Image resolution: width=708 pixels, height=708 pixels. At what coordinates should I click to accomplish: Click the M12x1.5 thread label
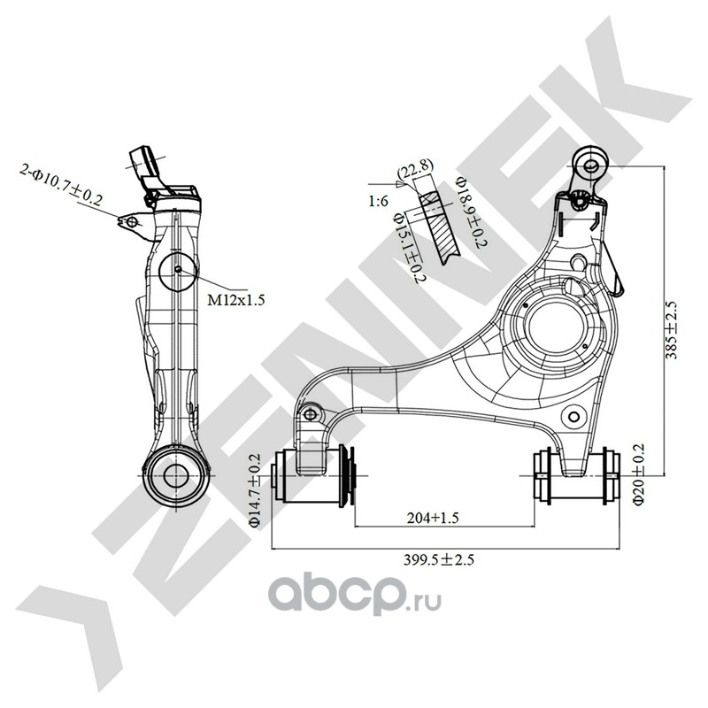pyautogui.click(x=236, y=300)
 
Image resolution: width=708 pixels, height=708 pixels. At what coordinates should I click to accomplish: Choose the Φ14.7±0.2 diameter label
pyautogui.click(x=255, y=490)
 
